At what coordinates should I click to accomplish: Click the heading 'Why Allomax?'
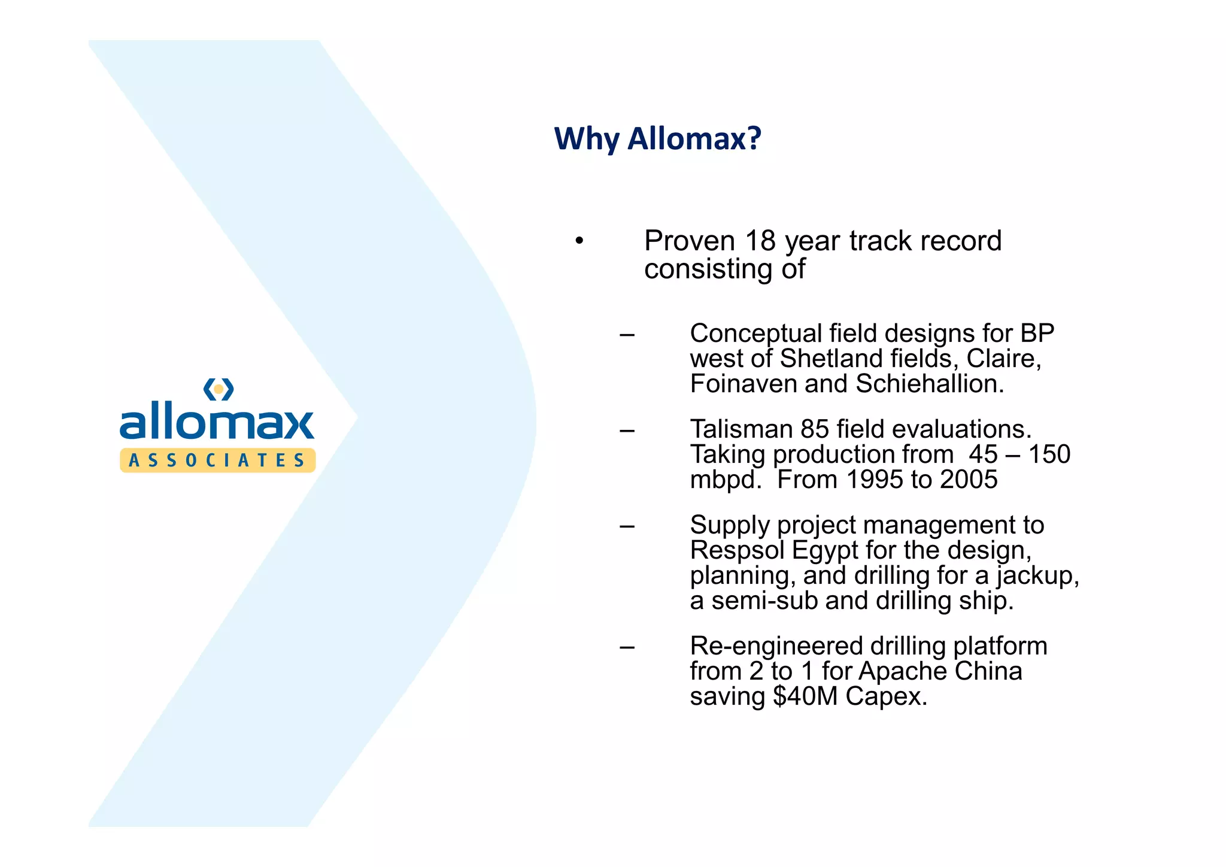click(x=657, y=139)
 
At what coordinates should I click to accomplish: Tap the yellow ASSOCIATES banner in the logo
click(x=217, y=460)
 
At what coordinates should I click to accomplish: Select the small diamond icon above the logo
click(x=219, y=389)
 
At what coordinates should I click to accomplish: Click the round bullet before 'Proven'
click(x=579, y=241)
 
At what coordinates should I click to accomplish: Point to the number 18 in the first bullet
click(x=760, y=241)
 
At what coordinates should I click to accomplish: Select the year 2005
click(x=968, y=480)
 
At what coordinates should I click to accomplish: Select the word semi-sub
click(x=764, y=601)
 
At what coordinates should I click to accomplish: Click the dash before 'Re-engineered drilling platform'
click(x=627, y=647)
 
